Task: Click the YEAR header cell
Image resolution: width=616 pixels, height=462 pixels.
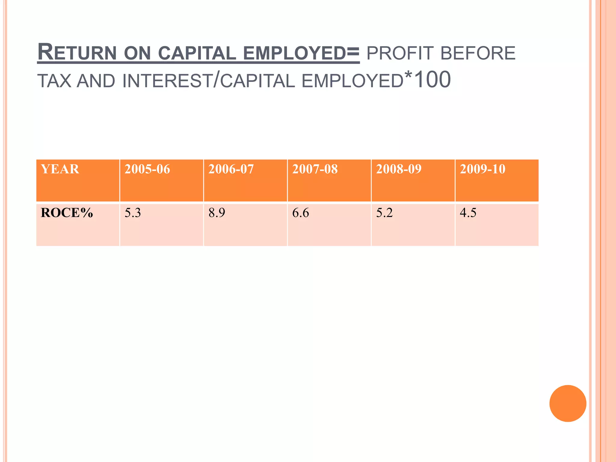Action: click(x=60, y=169)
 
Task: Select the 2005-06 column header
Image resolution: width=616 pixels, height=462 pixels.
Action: click(x=147, y=169)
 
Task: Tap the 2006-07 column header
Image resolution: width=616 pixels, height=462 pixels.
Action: click(x=231, y=169)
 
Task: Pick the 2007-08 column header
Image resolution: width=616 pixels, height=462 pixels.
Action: click(x=315, y=169)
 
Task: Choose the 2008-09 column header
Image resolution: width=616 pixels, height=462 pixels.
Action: click(x=399, y=169)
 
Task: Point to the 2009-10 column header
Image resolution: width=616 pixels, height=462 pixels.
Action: click(x=483, y=169)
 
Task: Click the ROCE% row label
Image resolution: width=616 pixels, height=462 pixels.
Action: click(x=67, y=213)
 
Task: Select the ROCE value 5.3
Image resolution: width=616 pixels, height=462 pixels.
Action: click(x=133, y=213)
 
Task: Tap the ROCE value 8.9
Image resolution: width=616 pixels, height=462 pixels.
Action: click(x=217, y=213)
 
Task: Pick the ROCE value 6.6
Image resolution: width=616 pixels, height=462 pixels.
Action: click(x=300, y=213)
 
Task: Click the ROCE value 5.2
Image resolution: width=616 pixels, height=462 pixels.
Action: click(x=384, y=213)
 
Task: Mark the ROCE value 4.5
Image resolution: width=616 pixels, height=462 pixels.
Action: click(x=468, y=213)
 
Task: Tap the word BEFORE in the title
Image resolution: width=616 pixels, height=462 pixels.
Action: click(x=478, y=53)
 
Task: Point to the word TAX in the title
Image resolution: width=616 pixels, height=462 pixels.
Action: click(x=54, y=81)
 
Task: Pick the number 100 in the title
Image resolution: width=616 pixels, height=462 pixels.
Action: click(x=433, y=80)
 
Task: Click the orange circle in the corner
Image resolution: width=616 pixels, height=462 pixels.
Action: click(x=568, y=403)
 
